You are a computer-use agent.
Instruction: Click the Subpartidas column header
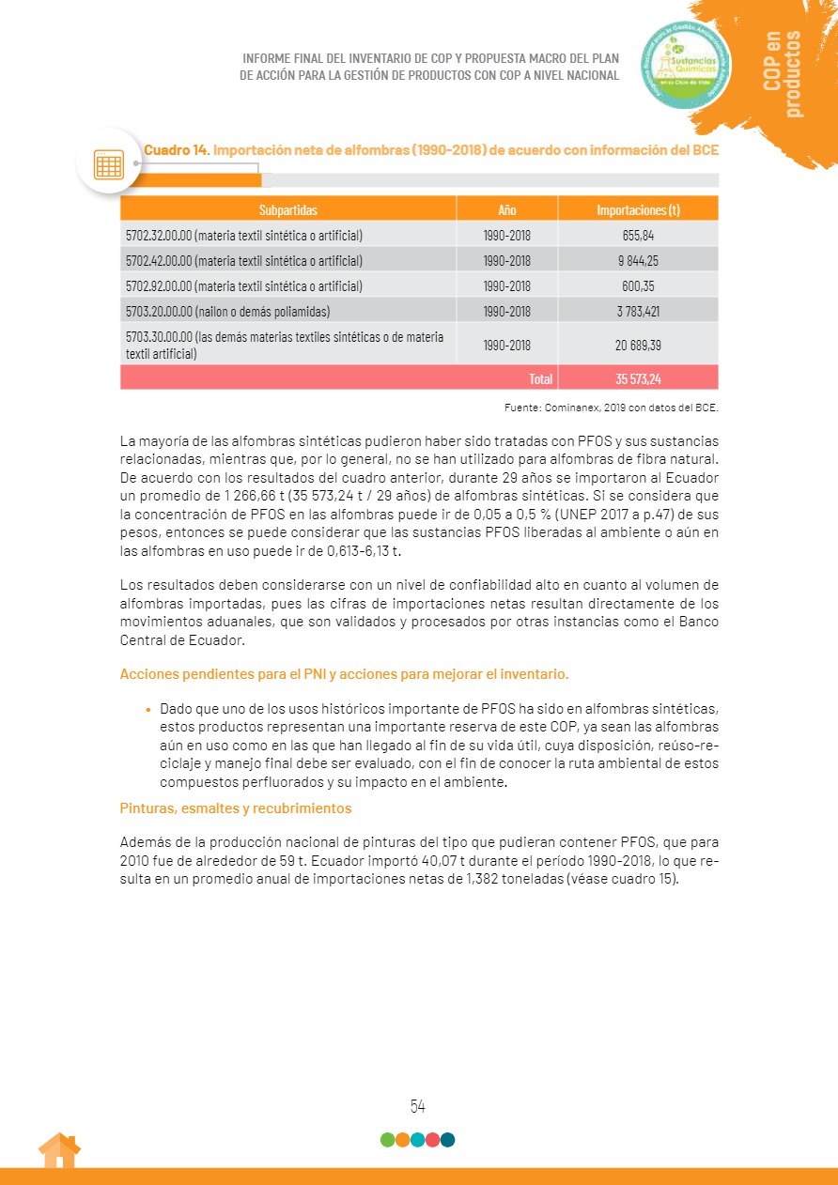[287, 209]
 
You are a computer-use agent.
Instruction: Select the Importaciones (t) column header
[638, 209]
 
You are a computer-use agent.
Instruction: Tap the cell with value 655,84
[638, 235]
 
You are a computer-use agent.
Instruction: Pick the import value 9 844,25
[638, 260]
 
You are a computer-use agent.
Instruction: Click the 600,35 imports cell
[638, 285]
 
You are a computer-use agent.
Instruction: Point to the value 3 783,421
[638, 311]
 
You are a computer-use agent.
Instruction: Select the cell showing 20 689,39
[638, 345]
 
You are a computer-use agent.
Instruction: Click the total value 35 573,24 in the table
[638, 378]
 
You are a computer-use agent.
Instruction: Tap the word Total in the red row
[540, 378]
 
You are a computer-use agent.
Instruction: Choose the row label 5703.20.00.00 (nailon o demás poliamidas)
[227, 311]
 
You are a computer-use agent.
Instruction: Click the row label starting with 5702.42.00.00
[244, 260]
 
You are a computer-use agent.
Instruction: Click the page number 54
[418, 1106]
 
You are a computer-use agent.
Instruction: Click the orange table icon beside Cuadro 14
[109, 164]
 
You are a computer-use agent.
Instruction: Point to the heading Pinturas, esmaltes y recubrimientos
[236, 808]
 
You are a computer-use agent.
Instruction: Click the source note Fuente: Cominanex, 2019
[611, 407]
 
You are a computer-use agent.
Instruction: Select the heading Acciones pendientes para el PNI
[344, 674]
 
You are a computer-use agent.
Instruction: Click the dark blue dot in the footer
[447, 1140]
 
